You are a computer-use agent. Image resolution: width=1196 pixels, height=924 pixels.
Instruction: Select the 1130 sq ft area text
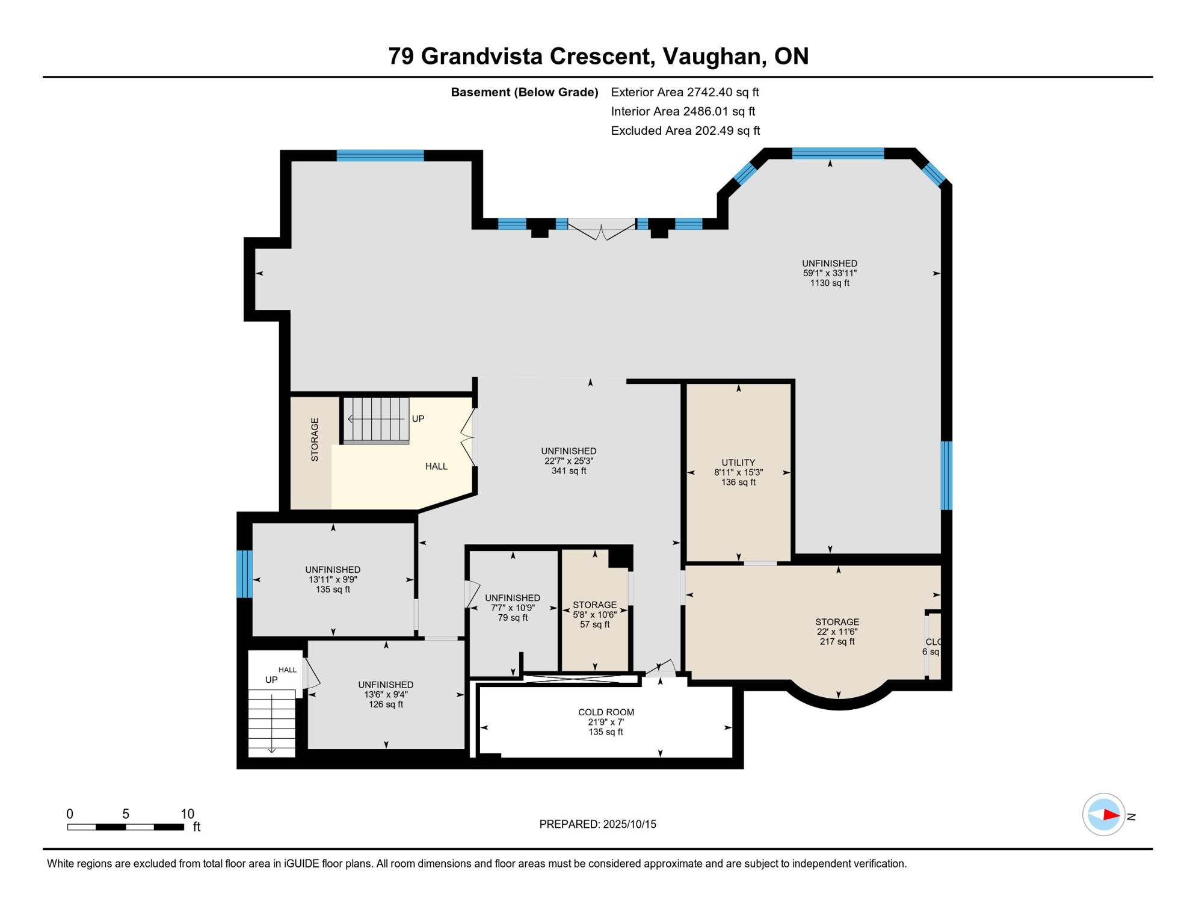pos(830,283)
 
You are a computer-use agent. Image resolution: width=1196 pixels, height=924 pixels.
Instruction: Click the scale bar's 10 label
pos(187,814)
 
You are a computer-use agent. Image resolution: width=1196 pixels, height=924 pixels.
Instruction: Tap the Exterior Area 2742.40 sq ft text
pos(685,92)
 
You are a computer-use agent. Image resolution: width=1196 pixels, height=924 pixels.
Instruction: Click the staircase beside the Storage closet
pos(377,420)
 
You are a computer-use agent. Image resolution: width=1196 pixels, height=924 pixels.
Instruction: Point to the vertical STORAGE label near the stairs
pos(315,439)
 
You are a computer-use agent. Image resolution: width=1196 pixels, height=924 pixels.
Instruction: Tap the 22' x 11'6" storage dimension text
pos(837,632)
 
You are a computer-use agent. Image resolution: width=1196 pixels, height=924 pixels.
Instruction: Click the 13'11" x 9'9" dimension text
pos(333,579)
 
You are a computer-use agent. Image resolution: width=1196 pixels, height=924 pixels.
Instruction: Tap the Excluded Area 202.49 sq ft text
pos(685,131)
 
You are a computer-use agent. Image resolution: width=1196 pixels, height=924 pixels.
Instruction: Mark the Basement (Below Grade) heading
pos(525,92)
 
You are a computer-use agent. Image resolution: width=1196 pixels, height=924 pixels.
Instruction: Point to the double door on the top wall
pos(602,229)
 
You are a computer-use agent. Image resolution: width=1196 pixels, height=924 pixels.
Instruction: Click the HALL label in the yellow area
pos(436,466)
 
